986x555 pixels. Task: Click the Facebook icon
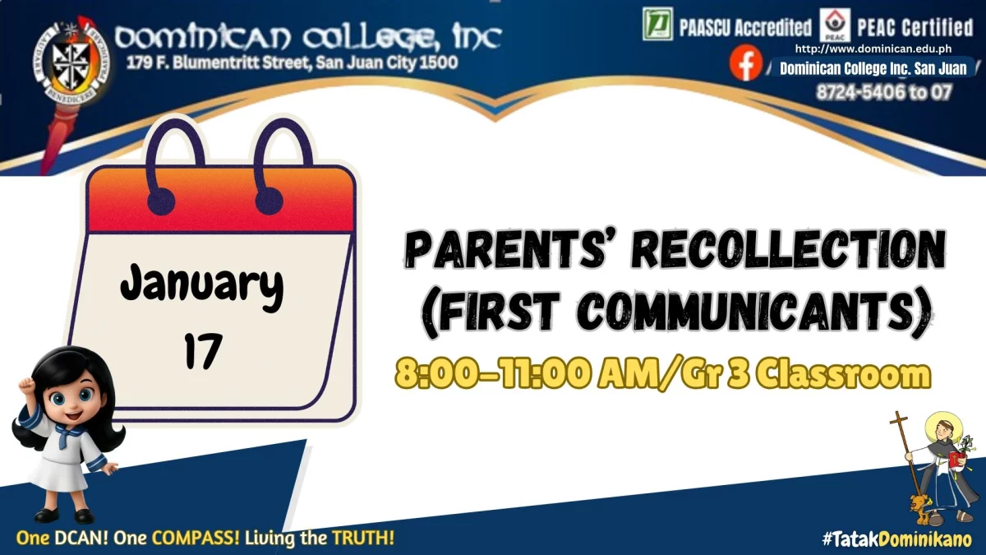coord(746,63)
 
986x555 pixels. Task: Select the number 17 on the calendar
coord(203,351)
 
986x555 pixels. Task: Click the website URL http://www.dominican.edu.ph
coord(873,49)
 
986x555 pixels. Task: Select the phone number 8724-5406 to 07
coord(884,92)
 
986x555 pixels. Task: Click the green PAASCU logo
coord(657,24)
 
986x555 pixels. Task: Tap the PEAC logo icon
coord(835,25)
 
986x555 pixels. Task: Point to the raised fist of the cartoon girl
coord(27,387)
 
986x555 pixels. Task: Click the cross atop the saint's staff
coord(899,420)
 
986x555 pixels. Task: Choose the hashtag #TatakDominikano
coord(897,539)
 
